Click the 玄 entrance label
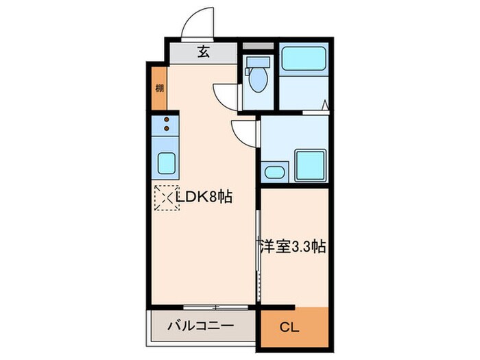click(204, 51)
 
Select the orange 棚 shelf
click(159, 88)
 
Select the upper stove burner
click(167, 119)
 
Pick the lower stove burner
click(167, 128)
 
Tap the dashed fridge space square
click(167, 197)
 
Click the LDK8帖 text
click(204, 197)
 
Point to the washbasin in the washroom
click(274, 171)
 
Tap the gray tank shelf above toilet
click(259, 47)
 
